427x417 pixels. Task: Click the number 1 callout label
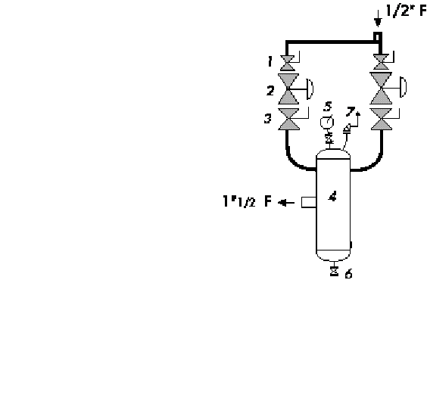(x=270, y=61)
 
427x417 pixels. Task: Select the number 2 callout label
(x=270, y=90)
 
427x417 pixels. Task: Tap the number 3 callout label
(x=268, y=118)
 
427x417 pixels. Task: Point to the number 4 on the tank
(x=332, y=196)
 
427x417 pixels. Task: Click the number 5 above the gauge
(x=328, y=107)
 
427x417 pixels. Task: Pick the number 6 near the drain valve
(x=348, y=273)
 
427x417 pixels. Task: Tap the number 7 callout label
(x=351, y=111)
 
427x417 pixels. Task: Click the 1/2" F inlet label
(x=406, y=11)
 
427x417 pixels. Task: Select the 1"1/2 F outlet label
(x=248, y=201)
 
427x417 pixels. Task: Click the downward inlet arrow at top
(x=378, y=18)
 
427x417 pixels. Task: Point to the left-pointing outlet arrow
(x=286, y=203)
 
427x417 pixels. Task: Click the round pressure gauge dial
(x=327, y=123)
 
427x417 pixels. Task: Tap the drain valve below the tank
(x=334, y=272)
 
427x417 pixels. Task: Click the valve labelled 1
(x=288, y=63)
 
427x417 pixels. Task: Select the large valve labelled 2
(x=288, y=89)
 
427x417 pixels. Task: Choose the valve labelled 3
(x=288, y=120)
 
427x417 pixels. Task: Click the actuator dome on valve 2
(x=310, y=89)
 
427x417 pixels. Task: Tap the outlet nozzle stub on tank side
(x=309, y=203)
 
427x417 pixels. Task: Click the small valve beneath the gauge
(x=329, y=138)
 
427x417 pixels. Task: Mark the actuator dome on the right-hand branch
(x=404, y=87)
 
